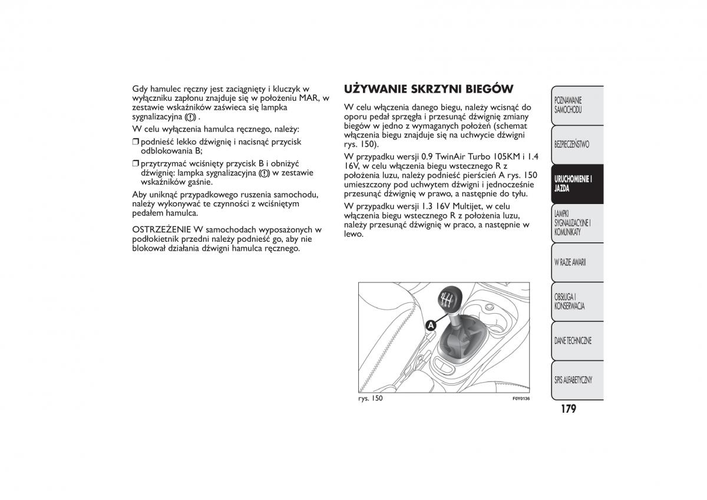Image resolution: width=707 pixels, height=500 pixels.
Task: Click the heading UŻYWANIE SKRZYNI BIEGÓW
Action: point(428,89)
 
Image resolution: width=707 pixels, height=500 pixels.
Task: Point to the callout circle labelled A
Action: point(431,325)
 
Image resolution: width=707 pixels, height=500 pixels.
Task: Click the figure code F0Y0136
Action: point(521,399)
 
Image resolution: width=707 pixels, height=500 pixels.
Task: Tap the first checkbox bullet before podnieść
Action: point(136,142)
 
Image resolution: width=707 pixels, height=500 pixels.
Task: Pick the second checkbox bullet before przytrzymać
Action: point(136,163)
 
